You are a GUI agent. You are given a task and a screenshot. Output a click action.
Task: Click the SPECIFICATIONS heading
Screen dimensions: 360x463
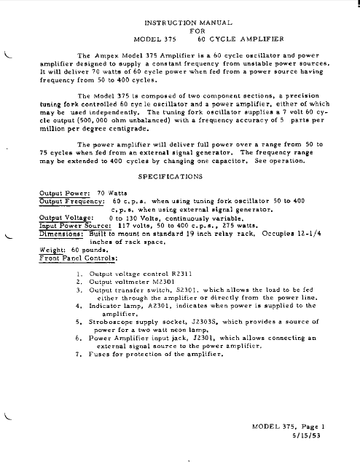pos(179,176)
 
